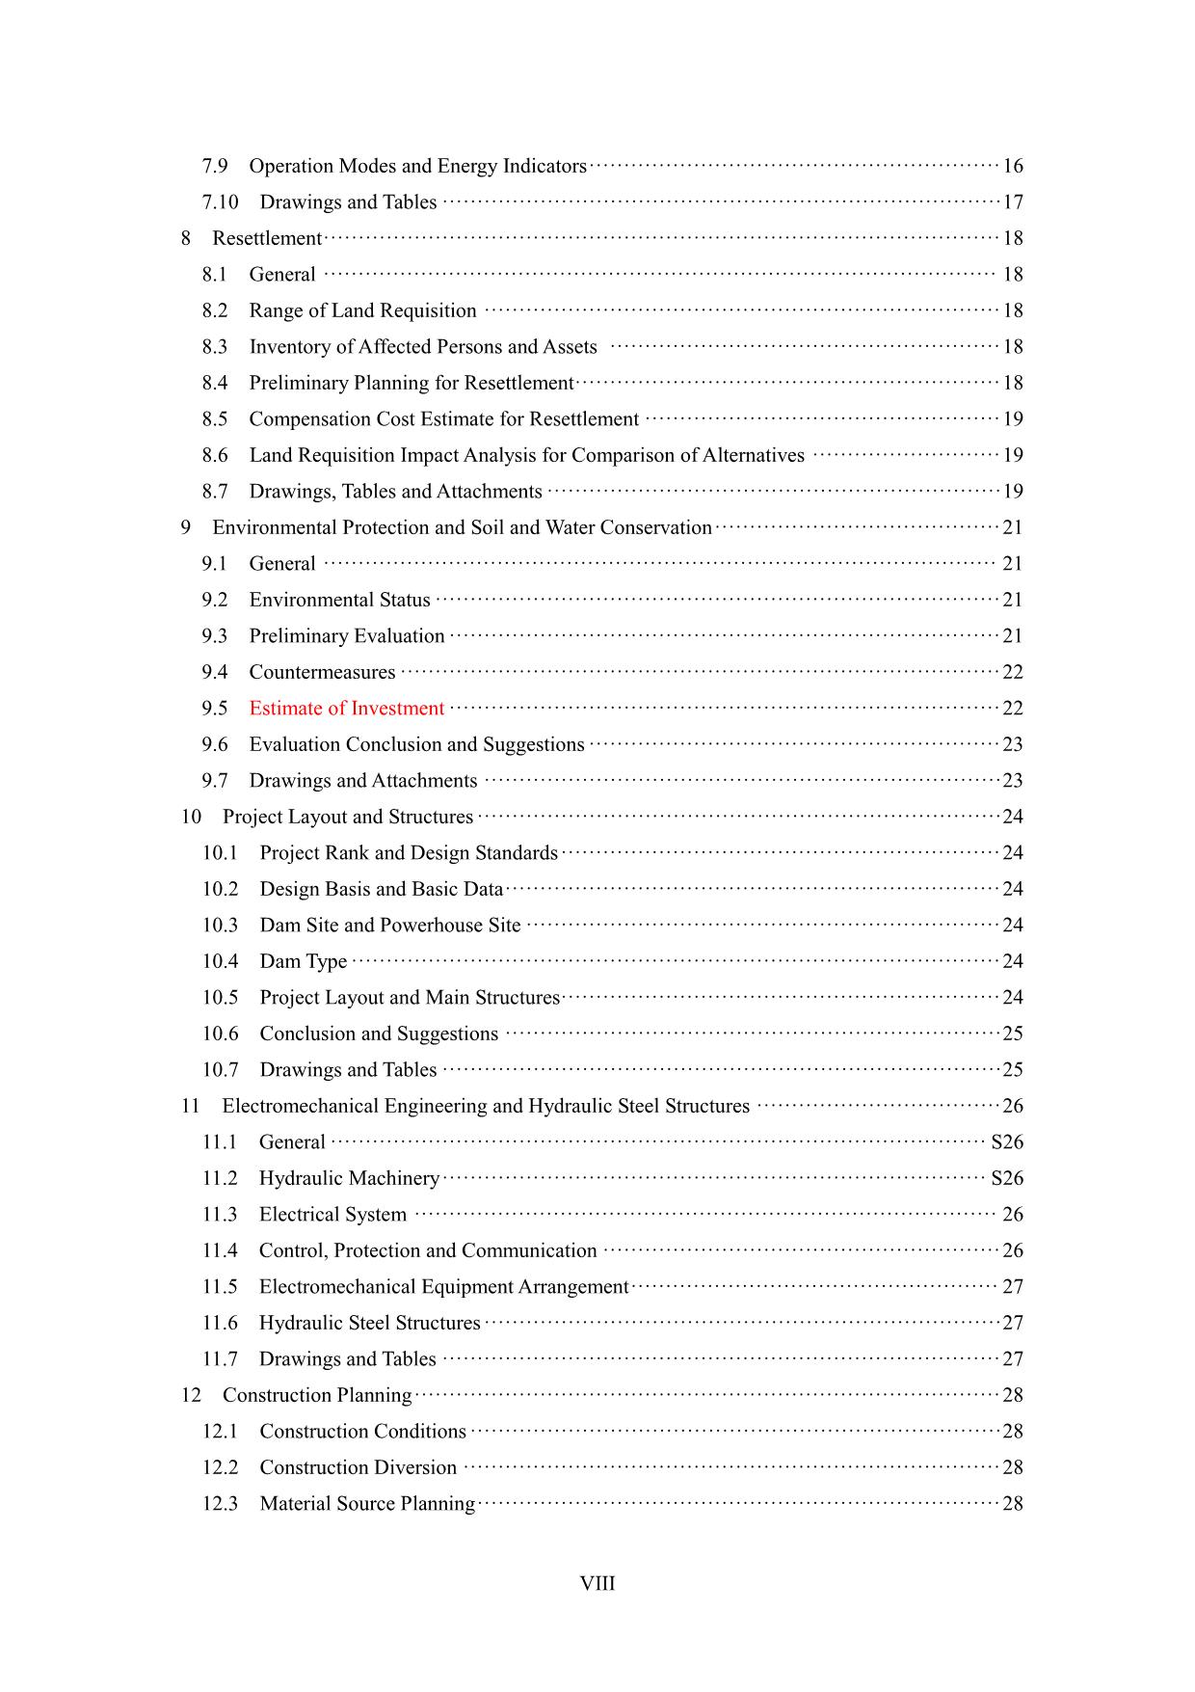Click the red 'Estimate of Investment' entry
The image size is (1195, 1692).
(346, 709)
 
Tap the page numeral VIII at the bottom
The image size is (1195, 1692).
(597, 1584)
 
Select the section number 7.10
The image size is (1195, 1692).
(220, 202)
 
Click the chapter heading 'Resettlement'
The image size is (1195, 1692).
(267, 238)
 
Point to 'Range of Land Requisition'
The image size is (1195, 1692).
(362, 310)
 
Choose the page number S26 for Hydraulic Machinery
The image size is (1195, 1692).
(1007, 1178)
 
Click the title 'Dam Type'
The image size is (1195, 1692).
(304, 961)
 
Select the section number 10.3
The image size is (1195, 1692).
(220, 926)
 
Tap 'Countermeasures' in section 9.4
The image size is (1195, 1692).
(322, 672)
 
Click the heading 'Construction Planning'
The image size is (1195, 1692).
(317, 1395)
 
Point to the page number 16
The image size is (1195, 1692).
(1013, 166)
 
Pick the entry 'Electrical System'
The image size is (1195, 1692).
(332, 1215)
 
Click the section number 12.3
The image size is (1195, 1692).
(220, 1504)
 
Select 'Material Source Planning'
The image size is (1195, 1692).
(367, 1504)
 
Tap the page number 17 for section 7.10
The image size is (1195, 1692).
(1013, 202)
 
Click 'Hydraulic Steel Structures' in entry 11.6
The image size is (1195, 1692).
(369, 1323)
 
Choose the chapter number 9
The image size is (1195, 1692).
(186, 527)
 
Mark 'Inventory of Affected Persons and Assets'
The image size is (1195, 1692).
(423, 347)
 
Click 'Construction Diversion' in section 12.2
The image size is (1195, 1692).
(358, 1467)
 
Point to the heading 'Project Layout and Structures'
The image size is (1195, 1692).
(348, 817)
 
